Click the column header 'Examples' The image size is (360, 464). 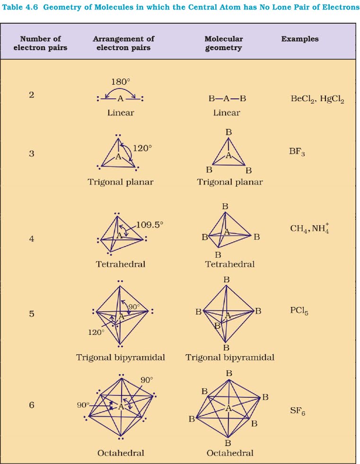pyautogui.click(x=300, y=39)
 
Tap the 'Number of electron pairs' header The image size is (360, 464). pyautogui.click(x=40, y=43)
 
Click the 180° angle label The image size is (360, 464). pyautogui.click(x=121, y=81)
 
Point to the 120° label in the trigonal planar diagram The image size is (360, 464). pyautogui.click(x=142, y=148)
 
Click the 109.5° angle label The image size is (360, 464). pyautogui.click(x=149, y=225)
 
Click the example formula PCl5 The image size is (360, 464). pyautogui.click(x=299, y=312)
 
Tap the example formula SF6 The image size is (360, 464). pyautogui.click(x=298, y=411)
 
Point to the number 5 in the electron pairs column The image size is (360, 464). pyautogui.click(x=32, y=313)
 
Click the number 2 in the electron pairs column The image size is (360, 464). pyautogui.click(x=31, y=95)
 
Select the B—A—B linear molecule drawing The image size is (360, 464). pyautogui.click(x=227, y=99)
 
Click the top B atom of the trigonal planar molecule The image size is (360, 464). pyautogui.click(x=229, y=132)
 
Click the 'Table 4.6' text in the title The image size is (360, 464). pyautogui.click(x=21, y=8)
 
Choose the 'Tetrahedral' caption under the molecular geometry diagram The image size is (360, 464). pyautogui.click(x=229, y=264)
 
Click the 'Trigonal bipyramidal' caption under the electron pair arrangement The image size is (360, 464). pyautogui.click(x=121, y=358)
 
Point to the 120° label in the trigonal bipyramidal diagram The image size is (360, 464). pyautogui.click(x=96, y=332)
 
